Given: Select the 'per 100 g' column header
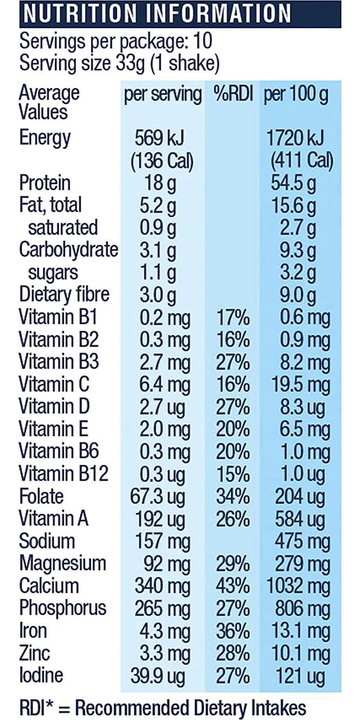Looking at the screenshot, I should (x=295, y=95).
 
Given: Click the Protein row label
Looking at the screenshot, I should (x=45, y=183).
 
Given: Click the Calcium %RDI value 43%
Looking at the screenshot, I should (x=233, y=586).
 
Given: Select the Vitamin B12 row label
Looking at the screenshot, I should (x=63, y=474).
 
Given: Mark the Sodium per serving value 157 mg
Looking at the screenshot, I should (x=161, y=541).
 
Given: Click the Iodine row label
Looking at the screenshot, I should (x=41, y=675).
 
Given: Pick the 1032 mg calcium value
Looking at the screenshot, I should (x=297, y=586).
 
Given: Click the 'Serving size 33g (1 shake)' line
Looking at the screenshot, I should (x=119, y=63).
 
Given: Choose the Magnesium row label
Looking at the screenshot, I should (x=62, y=563).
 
